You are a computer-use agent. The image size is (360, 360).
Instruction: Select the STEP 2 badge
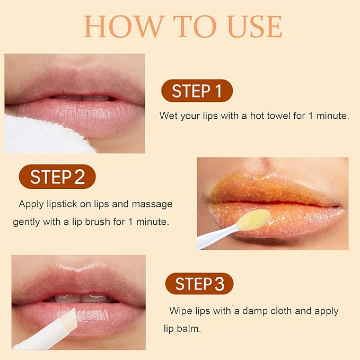(57, 177)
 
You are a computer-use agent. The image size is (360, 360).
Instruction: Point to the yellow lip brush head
(253, 219)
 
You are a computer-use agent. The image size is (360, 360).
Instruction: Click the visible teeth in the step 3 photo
(80, 298)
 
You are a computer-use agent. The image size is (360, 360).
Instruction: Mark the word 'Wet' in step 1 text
(168, 116)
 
